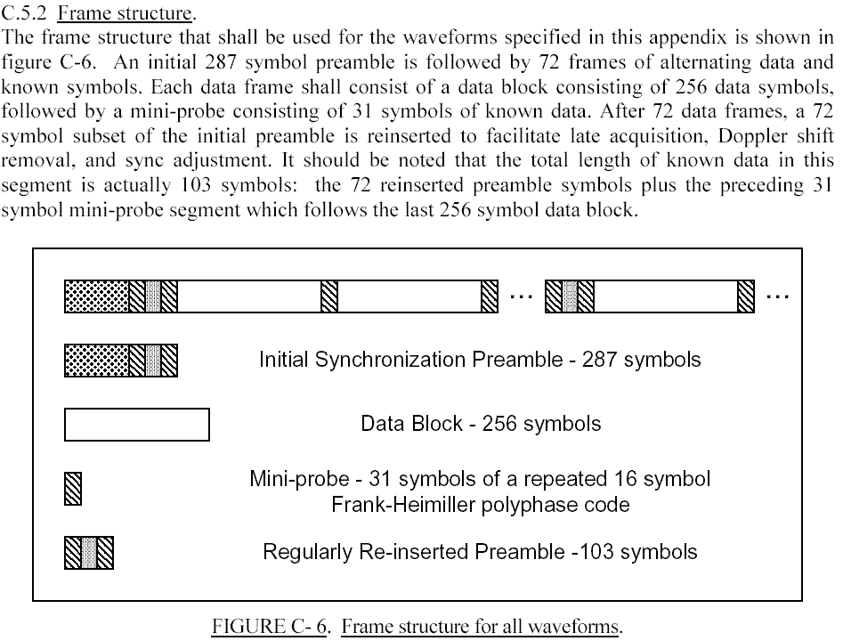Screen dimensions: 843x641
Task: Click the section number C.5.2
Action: [25, 12]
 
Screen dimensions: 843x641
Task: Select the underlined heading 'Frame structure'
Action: [125, 12]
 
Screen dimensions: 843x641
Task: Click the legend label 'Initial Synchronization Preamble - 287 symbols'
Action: [480, 359]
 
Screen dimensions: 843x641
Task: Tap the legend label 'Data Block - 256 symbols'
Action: [481, 424]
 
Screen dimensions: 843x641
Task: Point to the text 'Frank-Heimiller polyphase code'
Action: [480, 505]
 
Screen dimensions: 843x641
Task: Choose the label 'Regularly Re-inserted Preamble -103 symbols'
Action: [480, 552]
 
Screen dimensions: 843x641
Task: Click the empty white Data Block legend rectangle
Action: [136, 425]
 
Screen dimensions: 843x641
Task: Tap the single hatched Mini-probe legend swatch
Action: [73, 488]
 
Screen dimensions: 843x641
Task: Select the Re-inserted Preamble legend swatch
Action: [89, 553]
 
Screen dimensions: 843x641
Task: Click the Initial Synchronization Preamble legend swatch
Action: [120, 361]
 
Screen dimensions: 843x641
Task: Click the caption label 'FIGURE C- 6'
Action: [270, 627]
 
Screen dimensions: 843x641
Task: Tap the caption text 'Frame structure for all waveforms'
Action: [481, 627]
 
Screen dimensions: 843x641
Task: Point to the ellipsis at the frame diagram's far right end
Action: [778, 296]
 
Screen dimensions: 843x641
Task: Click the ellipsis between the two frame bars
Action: [521, 296]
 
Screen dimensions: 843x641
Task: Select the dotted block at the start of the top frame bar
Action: [97, 296]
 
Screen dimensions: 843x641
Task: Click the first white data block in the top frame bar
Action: [249, 296]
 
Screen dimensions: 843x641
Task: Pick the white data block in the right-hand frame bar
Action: [666, 296]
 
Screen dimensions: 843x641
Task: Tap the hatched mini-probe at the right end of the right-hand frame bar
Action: [746, 296]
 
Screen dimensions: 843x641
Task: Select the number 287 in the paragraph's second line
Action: [221, 61]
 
